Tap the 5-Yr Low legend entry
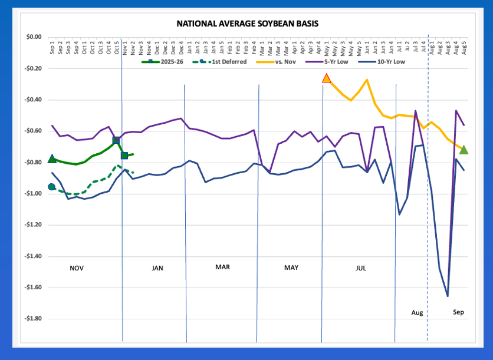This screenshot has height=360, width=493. point(334,61)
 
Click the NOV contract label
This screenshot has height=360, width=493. point(77,268)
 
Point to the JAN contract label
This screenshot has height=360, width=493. point(157,268)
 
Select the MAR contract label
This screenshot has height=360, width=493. point(222,267)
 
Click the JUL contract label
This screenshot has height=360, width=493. point(361,268)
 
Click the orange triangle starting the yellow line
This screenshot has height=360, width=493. point(326,78)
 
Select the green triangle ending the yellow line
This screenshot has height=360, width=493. point(464,150)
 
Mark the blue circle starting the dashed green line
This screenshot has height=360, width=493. point(52,187)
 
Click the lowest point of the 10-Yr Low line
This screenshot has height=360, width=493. point(448,296)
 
